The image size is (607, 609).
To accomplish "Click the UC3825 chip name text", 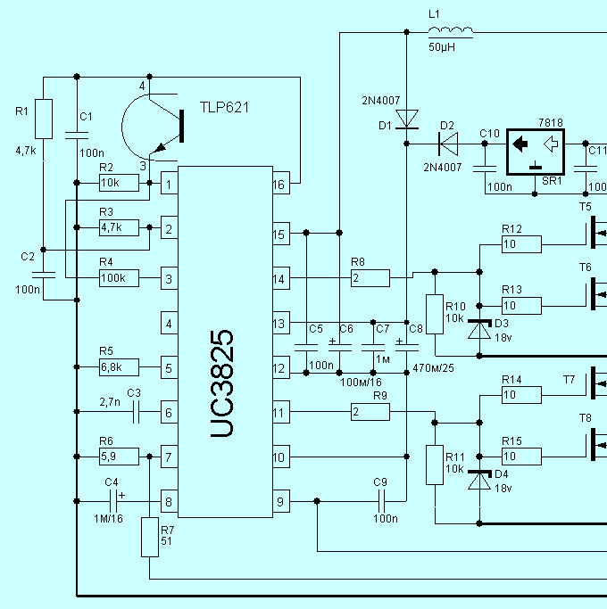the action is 222,383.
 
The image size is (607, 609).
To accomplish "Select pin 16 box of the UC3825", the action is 281,183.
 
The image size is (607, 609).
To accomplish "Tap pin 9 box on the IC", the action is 281,501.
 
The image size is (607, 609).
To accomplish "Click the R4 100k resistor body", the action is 119,278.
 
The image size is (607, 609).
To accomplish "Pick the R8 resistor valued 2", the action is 370,278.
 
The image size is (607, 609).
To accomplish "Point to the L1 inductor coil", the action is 451,30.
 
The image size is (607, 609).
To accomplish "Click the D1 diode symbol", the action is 407,119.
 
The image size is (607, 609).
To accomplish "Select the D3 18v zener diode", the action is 479,329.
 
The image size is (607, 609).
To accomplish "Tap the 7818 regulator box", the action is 536,152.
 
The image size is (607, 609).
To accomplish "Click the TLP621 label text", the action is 224,108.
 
